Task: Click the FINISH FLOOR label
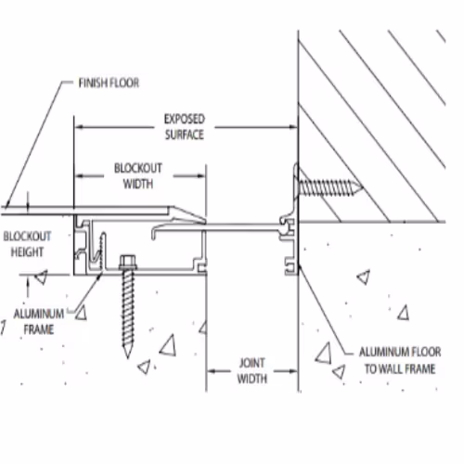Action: (x=109, y=83)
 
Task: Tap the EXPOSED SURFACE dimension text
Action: (x=185, y=127)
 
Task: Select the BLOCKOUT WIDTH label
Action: (x=138, y=176)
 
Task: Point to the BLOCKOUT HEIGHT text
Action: (x=27, y=244)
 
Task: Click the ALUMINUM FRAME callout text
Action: (x=39, y=322)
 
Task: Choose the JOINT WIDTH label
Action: (x=252, y=371)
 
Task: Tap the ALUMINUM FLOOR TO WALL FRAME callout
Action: (x=400, y=360)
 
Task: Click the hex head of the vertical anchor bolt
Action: (x=128, y=262)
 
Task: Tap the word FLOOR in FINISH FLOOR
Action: (x=124, y=83)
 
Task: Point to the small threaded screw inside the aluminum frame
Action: (x=102, y=252)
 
